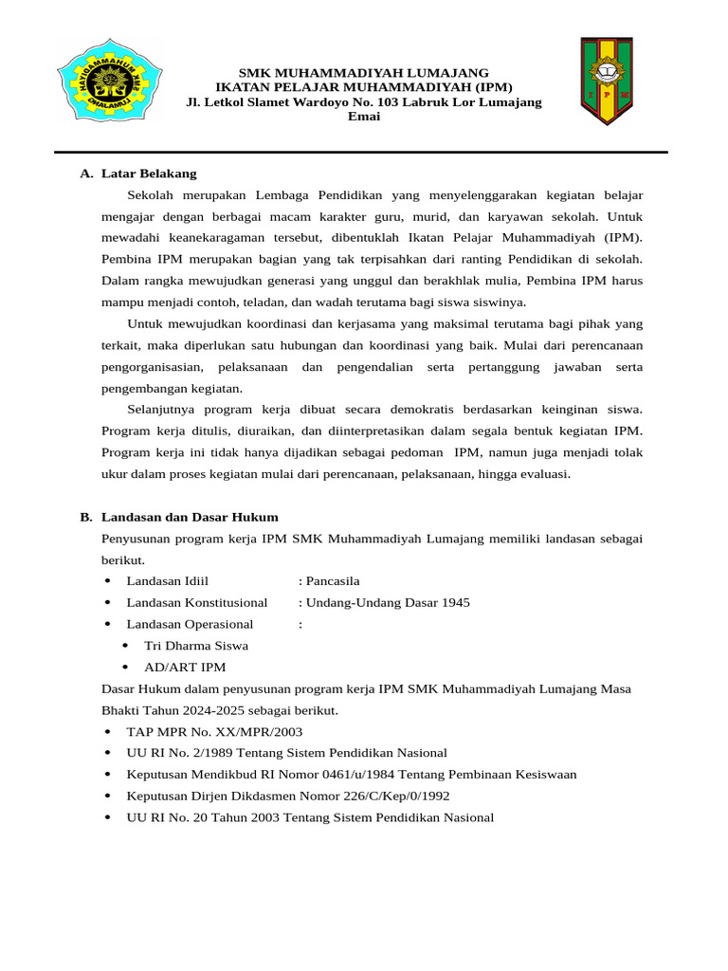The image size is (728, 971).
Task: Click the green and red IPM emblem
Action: coord(606,82)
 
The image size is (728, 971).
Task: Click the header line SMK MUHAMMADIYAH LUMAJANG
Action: coord(363,73)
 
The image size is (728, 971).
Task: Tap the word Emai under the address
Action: coord(363,117)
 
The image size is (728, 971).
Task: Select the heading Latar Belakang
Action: coord(149,174)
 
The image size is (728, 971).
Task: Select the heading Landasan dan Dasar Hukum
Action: coord(190,517)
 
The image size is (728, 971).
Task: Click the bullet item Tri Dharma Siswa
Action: coord(196,646)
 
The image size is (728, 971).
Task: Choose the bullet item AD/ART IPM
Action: coord(185,667)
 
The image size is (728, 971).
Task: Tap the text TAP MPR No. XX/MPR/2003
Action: coord(214,731)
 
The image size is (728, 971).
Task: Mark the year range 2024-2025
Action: coord(215,710)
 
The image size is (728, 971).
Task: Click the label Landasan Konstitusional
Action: coord(197,602)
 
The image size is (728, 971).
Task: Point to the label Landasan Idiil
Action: coord(168,581)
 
